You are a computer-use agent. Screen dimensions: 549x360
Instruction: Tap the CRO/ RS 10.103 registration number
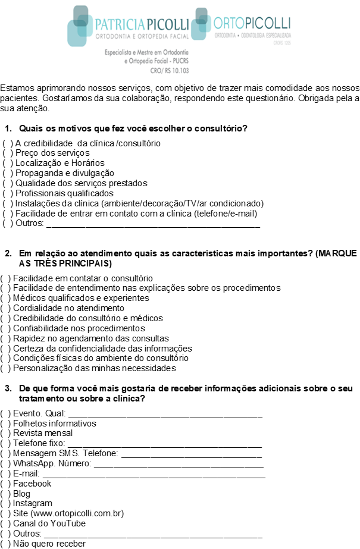(171, 70)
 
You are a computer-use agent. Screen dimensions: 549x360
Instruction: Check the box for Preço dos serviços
(8, 153)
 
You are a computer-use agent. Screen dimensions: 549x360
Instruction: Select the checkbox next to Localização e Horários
(8, 163)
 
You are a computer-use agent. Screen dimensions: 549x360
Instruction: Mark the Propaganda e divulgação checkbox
(8, 173)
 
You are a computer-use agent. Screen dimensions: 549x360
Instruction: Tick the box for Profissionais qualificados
(8, 193)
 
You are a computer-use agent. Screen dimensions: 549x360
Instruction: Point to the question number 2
(8, 253)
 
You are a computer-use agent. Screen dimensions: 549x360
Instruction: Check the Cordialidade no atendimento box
(5, 309)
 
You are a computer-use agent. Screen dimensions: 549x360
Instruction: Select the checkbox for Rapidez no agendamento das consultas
(5, 338)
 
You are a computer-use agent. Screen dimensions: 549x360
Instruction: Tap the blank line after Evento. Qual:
(165, 414)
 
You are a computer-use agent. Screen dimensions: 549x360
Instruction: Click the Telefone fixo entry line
(165, 444)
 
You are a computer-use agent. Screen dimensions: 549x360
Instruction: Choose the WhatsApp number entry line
(178, 464)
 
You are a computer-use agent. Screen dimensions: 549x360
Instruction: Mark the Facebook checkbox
(5, 484)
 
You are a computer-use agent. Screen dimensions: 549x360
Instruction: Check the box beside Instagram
(5, 504)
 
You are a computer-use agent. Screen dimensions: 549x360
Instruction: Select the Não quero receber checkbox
(5, 544)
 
